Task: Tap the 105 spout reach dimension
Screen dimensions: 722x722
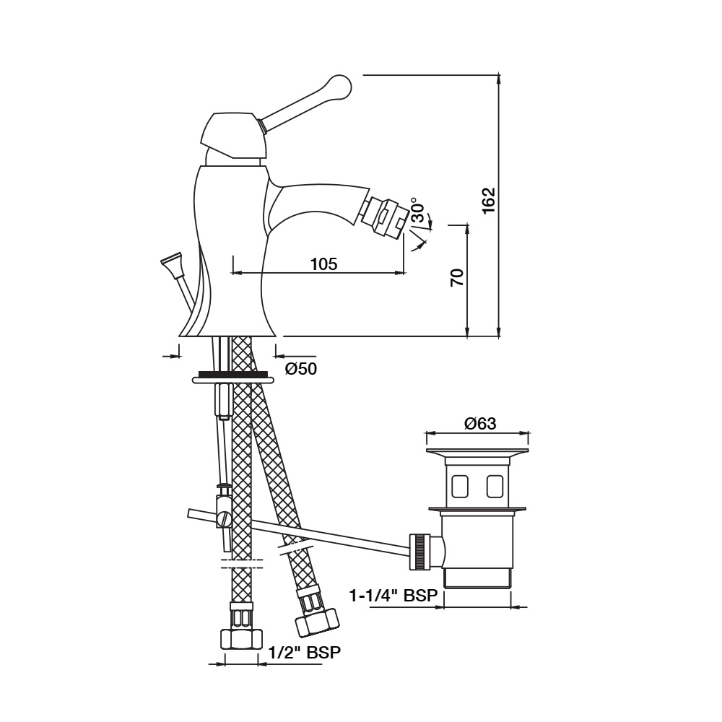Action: pos(323,264)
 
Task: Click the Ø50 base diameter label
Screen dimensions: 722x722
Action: pos(300,368)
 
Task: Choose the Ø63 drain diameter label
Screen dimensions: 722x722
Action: pos(479,424)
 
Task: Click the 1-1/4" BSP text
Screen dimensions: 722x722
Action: pos(393,596)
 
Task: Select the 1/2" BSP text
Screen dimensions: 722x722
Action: pos(304,652)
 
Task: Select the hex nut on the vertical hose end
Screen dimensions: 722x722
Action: pos(240,640)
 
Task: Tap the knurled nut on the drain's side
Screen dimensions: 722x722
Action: pos(419,552)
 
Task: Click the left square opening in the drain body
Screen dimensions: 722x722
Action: pos(459,487)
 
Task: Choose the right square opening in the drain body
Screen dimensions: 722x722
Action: pos(495,487)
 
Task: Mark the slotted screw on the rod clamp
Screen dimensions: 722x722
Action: pos(223,518)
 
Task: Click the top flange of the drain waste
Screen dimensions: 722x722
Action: pos(478,453)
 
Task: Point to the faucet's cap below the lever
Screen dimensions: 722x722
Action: pos(227,136)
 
